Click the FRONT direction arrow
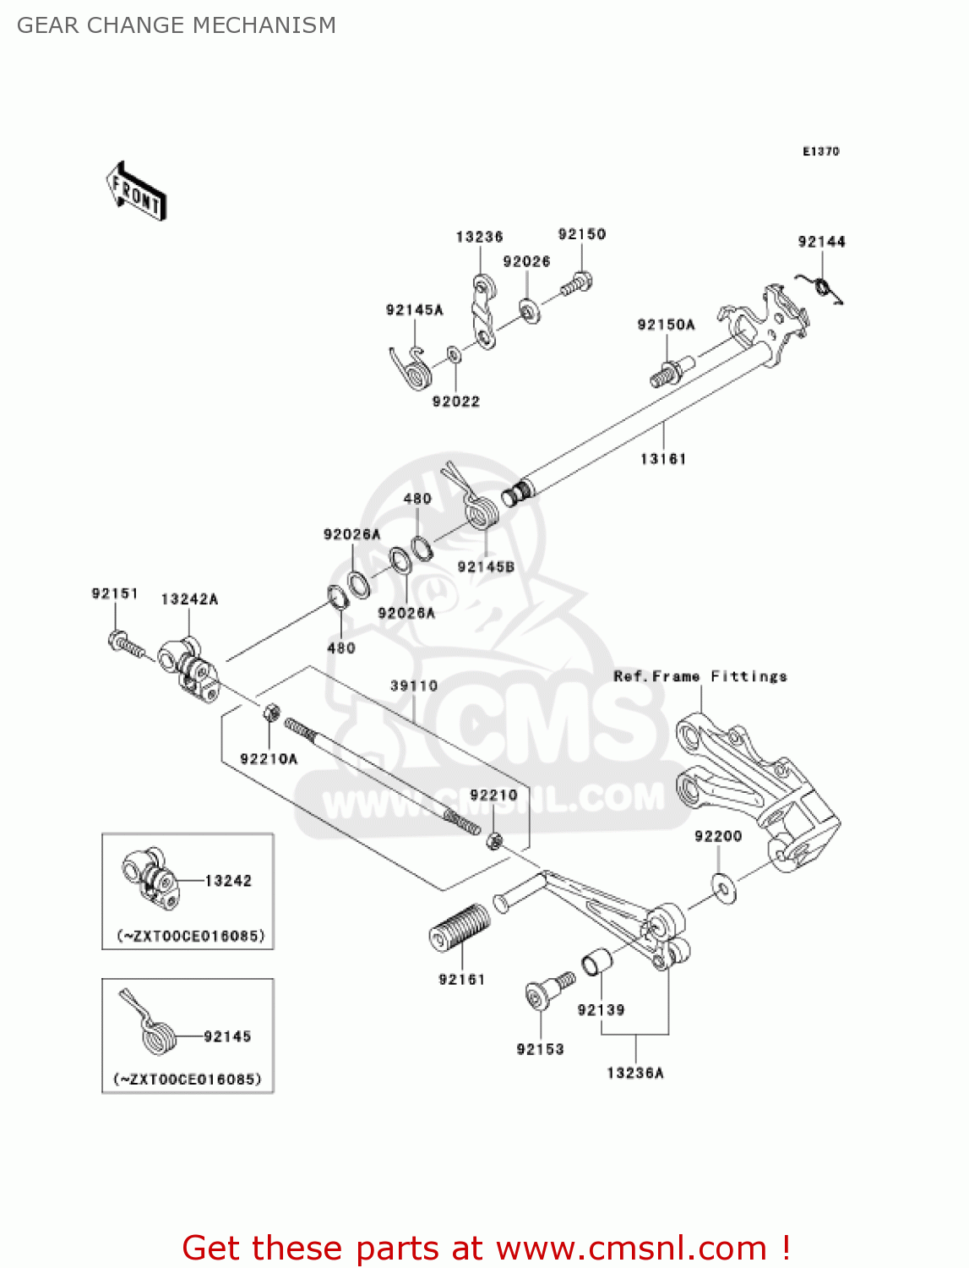[x=135, y=191]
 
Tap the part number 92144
[x=821, y=242]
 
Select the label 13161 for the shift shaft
[x=663, y=459]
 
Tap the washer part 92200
[x=724, y=888]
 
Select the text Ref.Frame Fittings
[x=700, y=676]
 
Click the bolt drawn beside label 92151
[x=126, y=646]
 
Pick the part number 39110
[x=414, y=686]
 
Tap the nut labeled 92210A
[x=272, y=712]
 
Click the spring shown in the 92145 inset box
[x=154, y=1030]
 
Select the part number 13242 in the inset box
[x=228, y=881]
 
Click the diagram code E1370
[x=820, y=151]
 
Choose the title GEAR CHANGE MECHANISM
[x=177, y=25]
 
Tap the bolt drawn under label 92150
[x=575, y=285]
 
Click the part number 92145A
[x=414, y=310]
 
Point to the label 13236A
[x=635, y=1073]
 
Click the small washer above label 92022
[x=455, y=354]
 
